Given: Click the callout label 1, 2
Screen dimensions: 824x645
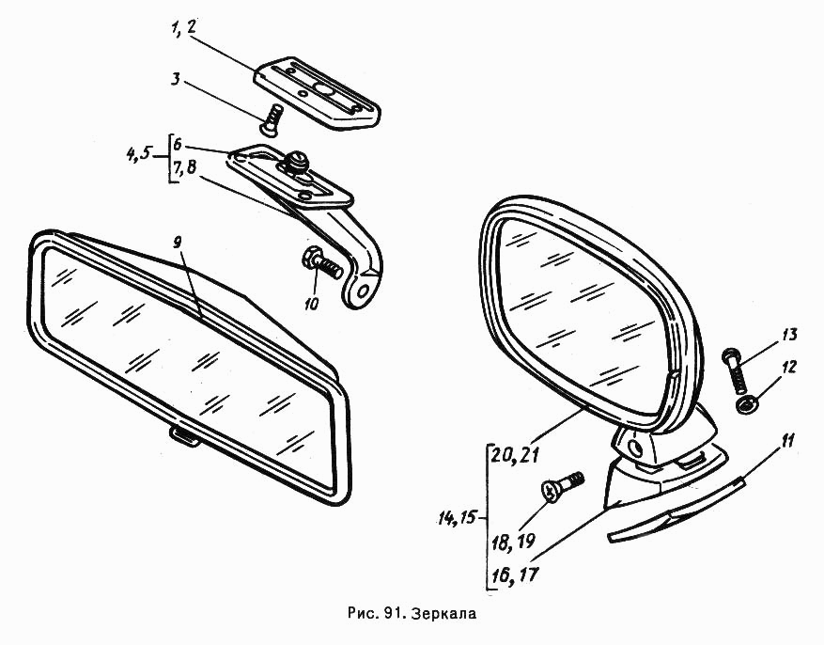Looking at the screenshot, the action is pos(182,28).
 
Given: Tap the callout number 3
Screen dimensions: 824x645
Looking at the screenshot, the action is pos(176,79).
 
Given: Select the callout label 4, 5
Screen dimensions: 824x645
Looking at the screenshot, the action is pos(139,153).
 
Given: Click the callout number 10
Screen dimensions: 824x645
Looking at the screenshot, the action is pos(311,304).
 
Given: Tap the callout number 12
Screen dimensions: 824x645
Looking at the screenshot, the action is pos(788,367).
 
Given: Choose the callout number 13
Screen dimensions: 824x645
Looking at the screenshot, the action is pos(788,335).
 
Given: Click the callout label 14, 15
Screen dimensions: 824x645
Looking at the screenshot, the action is pos(456,518).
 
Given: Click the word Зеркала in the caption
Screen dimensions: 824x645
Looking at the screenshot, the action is pos(444,613).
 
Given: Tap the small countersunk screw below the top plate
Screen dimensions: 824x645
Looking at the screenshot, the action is pos(272,119).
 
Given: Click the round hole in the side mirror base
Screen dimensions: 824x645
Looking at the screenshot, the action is pos(634,447).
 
